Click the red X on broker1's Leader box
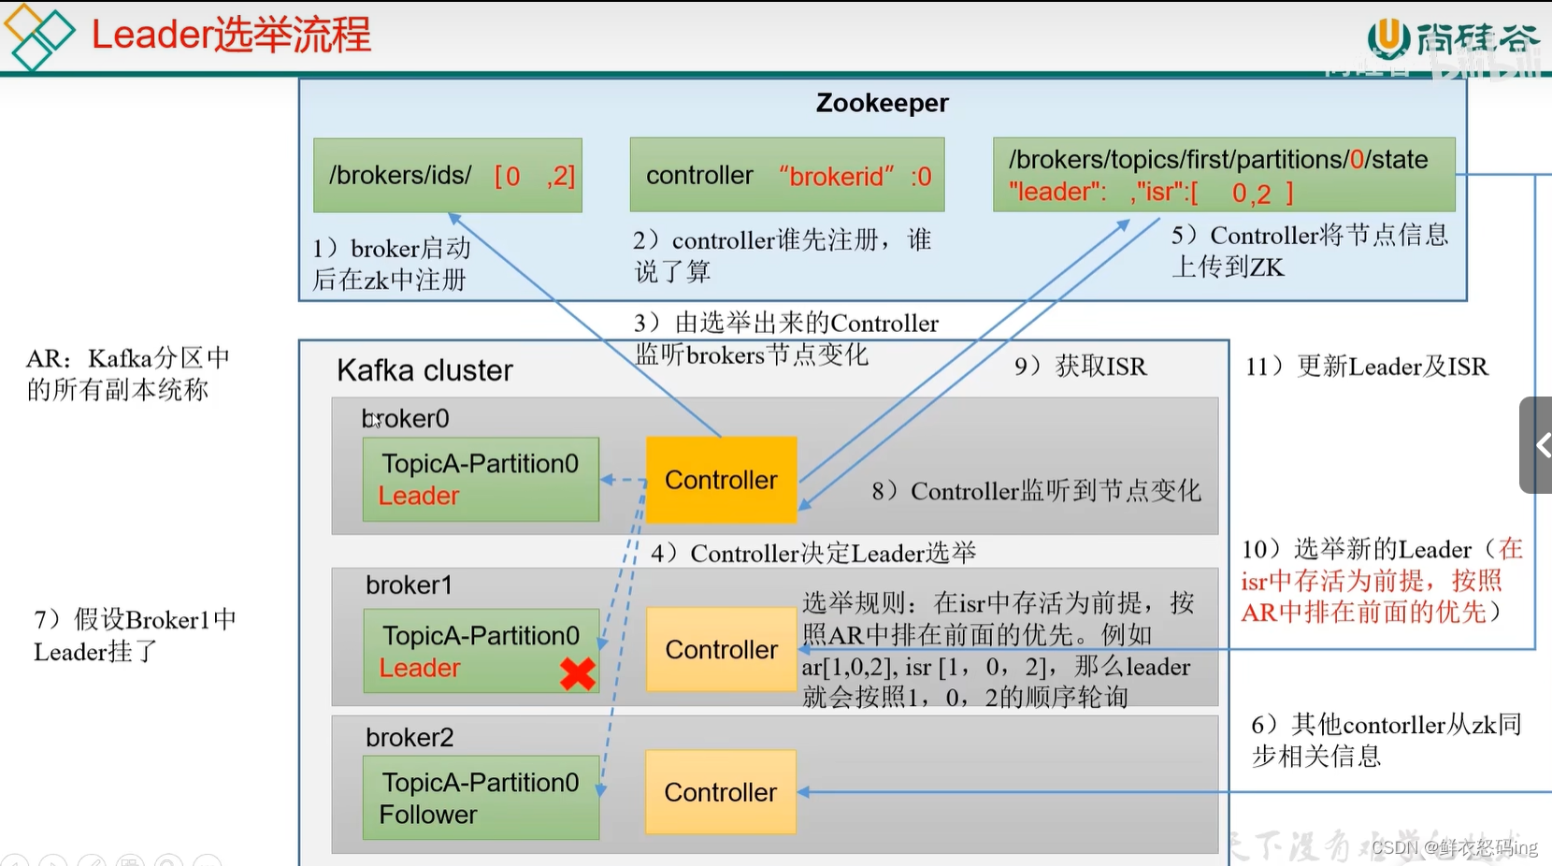(577, 673)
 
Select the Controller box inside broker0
(721, 480)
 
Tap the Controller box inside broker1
(721, 649)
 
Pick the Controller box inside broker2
(720, 792)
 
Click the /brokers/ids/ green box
(448, 176)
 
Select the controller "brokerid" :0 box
(787, 176)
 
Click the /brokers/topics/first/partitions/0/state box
(1223, 175)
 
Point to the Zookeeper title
(882, 103)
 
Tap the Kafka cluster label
(424, 370)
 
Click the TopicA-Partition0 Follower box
(481, 798)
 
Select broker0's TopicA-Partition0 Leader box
(481, 479)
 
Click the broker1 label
(409, 585)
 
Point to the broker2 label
(410, 738)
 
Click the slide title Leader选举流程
(231, 35)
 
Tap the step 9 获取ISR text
(1081, 367)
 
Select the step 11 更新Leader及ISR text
(1366, 367)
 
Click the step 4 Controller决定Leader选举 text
(813, 554)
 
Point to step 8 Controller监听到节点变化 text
(1036, 491)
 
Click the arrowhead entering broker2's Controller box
(803, 792)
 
